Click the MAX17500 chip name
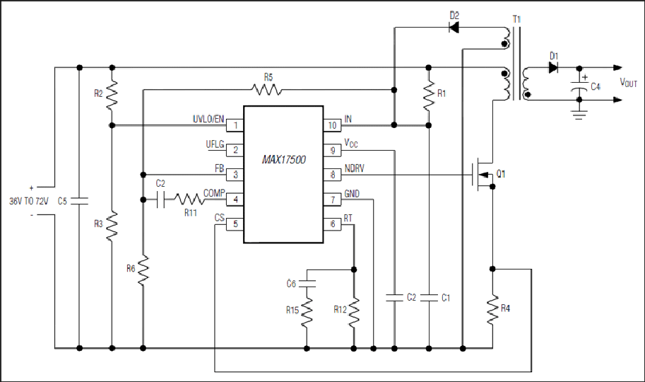coord(284,159)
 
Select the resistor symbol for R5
coord(267,89)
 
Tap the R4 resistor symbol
coord(492,309)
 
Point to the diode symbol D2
coord(454,28)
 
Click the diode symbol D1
coord(553,68)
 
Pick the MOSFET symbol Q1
coord(484,174)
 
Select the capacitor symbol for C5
coord(79,201)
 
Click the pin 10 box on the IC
coord(332,125)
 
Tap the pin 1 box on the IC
coord(235,125)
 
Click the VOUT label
coord(629,83)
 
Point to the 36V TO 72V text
coord(29,202)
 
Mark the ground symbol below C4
coord(579,114)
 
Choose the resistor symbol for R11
coord(189,199)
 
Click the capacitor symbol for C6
coord(307,283)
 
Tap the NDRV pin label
coord(354,168)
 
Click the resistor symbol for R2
coord(112,95)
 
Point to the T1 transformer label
coord(516,19)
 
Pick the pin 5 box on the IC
coord(235,224)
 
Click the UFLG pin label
coord(215,144)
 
